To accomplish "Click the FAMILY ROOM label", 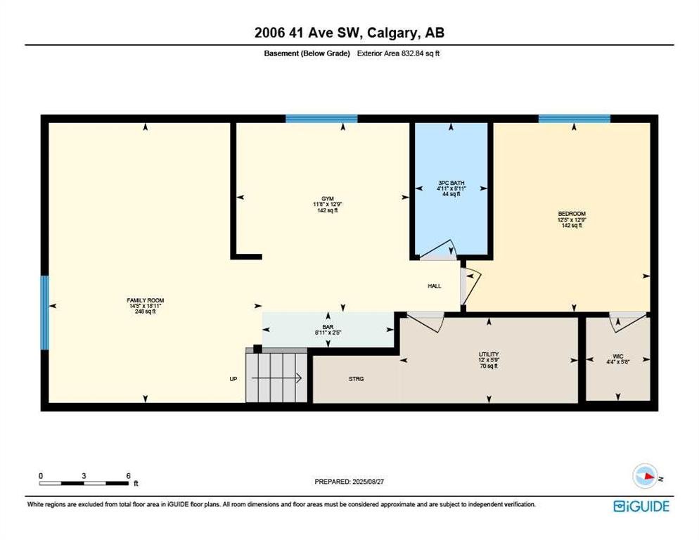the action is [x=146, y=300].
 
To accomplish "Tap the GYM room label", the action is [x=328, y=199].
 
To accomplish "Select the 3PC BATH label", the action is [x=451, y=183].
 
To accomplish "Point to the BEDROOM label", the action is [x=572, y=214].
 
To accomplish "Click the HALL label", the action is [x=435, y=286].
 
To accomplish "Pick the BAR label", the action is [x=328, y=327].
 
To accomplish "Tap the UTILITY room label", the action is [x=489, y=354].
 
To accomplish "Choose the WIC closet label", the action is [x=618, y=356].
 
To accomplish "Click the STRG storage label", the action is [x=357, y=378].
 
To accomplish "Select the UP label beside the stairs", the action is [x=233, y=378].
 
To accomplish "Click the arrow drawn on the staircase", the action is [x=277, y=378].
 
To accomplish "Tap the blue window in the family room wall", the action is [x=44, y=313].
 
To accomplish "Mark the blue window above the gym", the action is [x=321, y=119].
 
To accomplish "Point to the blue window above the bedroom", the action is [x=574, y=119].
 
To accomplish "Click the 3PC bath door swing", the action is [x=439, y=251].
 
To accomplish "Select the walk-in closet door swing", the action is [x=628, y=322].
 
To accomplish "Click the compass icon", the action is [x=646, y=476].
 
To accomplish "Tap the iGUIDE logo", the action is [x=641, y=506].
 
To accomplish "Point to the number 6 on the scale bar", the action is [x=129, y=476].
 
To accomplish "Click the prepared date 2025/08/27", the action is [x=368, y=482].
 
